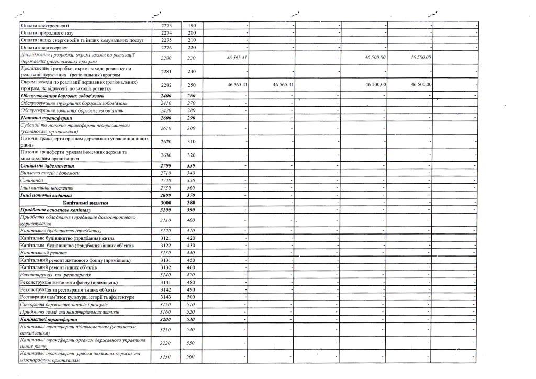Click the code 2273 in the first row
(165, 26)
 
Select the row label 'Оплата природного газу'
(47, 33)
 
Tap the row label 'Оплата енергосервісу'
(46, 48)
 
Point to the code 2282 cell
(165, 85)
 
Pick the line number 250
(191, 85)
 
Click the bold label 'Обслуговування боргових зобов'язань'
(62, 96)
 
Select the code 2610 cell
(165, 128)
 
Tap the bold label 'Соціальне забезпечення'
(47, 165)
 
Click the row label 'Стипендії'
(32, 180)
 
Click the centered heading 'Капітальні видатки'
(85, 202)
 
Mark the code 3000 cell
(165, 202)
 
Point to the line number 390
(191, 209)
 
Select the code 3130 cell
(165, 253)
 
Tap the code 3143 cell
(165, 297)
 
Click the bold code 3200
(165, 319)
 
